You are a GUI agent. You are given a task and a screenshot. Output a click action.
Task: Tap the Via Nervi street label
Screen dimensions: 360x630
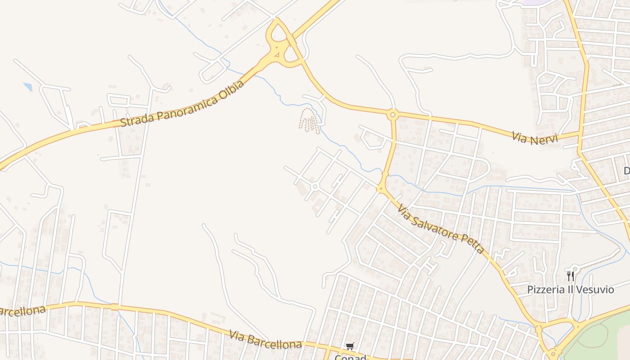pos(535,138)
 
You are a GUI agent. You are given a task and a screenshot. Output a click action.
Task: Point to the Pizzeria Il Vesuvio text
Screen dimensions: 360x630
pos(571,289)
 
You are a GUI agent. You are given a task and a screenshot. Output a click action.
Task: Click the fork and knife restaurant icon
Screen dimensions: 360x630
pos(570,275)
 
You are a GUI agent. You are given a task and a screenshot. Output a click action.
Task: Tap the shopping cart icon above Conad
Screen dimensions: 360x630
pos(350,346)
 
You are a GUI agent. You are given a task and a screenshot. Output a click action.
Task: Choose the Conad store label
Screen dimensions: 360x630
pos(350,357)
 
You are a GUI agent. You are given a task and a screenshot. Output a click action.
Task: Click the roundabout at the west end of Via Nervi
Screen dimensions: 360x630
pos(393,115)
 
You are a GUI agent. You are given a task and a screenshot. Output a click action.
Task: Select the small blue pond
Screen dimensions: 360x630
pos(28,86)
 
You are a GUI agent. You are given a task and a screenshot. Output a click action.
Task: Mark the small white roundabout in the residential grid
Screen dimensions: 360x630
pos(315,186)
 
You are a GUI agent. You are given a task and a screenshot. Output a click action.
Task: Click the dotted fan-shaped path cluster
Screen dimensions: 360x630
pos(310,121)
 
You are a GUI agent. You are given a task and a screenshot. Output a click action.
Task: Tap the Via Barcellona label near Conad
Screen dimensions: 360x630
pos(265,340)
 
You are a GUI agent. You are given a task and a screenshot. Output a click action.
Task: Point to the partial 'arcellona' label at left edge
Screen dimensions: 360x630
pos(22,311)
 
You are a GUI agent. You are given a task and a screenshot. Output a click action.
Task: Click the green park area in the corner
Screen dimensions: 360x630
pos(603,337)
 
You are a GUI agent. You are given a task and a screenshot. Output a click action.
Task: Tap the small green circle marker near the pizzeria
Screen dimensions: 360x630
pos(575,269)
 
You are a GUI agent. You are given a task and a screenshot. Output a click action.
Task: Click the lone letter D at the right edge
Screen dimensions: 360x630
pos(626,171)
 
